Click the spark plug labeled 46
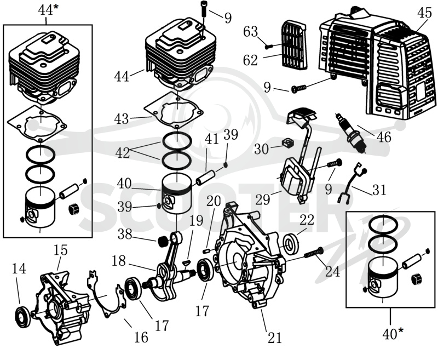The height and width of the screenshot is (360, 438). tap(350, 132)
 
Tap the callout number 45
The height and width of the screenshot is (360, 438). tap(425, 13)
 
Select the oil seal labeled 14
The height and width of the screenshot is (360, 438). tap(22, 317)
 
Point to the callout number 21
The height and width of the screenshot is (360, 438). tap(275, 338)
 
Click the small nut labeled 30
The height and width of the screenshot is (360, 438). tap(285, 144)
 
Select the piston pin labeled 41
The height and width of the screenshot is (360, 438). tap(206, 178)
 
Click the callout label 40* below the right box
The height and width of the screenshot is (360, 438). tap(393, 334)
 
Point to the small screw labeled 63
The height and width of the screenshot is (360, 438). tap(268, 47)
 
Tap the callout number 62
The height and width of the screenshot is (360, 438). tap(250, 60)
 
